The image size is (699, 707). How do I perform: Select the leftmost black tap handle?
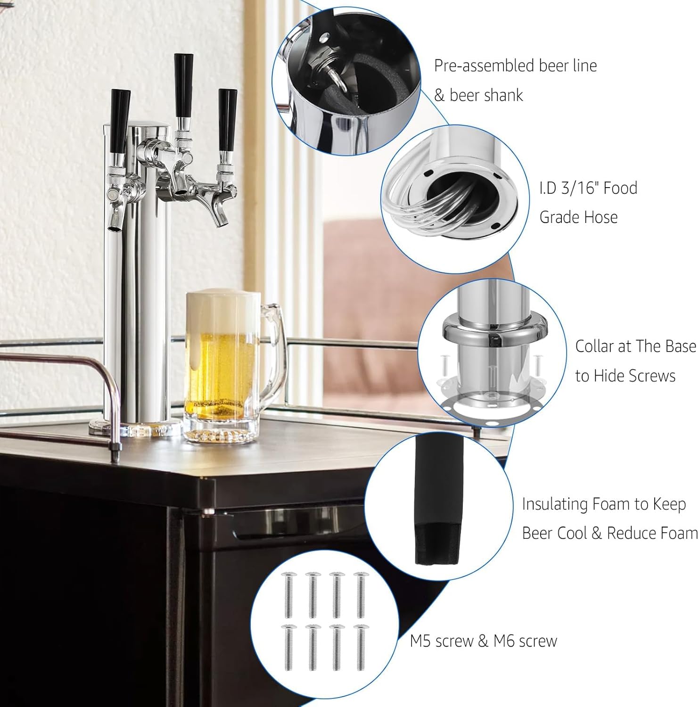(120, 120)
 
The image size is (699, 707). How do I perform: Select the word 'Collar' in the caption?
(594, 346)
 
